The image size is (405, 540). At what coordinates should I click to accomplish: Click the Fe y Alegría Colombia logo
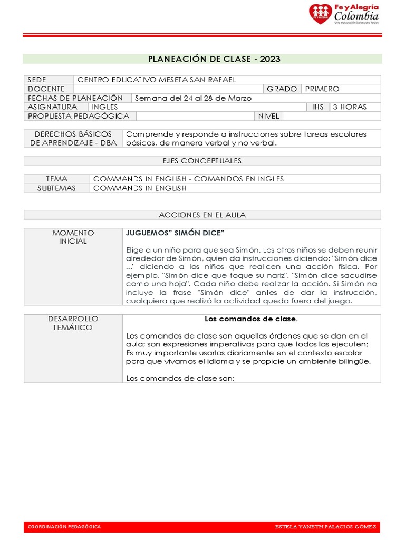343,14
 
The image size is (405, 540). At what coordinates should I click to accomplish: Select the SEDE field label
37,80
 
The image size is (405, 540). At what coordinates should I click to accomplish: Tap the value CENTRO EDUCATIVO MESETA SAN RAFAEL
157,80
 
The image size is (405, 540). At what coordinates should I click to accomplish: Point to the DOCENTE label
46,89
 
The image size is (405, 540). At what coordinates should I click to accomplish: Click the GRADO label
282,89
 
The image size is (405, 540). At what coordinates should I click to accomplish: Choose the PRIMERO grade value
322,89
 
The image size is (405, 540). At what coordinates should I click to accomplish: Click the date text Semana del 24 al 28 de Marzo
193,98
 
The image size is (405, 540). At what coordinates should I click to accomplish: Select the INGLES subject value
104,107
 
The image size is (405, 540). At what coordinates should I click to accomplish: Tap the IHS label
318,107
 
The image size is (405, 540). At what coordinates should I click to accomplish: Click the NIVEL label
269,116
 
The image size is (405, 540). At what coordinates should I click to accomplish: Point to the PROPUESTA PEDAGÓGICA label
79,116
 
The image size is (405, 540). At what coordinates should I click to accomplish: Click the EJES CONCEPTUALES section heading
202,161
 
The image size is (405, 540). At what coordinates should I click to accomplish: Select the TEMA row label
57,179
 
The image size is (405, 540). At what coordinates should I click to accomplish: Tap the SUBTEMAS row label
57,188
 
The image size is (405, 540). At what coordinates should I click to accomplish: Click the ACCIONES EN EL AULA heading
202,215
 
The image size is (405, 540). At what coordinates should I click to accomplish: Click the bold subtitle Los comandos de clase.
251,319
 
